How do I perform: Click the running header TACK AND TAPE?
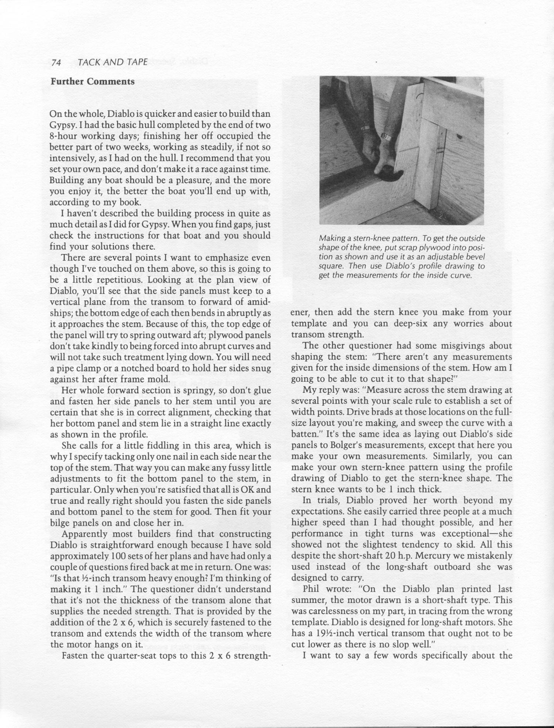pyautogui.click(x=113, y=62)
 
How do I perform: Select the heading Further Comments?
pyautogui.click(x=92, y=82)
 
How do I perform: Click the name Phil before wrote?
pyautogui.click(x=312, y=589)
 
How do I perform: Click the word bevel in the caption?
pyautogui.click(x=476, y=257)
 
